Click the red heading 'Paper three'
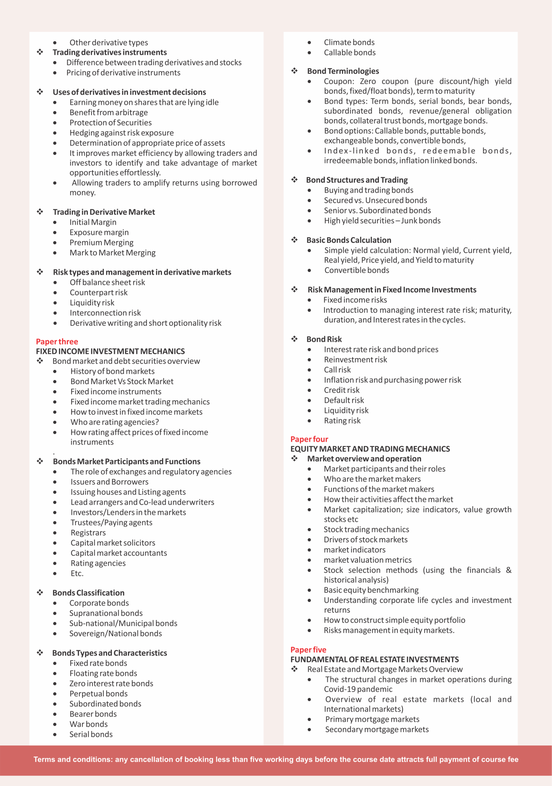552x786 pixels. [x=57, y=341]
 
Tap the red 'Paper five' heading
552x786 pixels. [x=308, y=649]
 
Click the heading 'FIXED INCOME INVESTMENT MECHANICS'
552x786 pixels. [x=110, y=351]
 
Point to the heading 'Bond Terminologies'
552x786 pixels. [x=343, y=71]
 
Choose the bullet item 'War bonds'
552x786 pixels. [x=88, y=724]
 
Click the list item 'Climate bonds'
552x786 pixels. [x=349, y=42]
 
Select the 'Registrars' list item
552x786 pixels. [x=88, y=533]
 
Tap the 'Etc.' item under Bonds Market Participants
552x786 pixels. [x=77, y=574]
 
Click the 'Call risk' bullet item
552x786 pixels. [x=337, y=370]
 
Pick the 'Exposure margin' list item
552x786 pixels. [x=99, y=232]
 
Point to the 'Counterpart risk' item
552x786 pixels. [x=99, y=292]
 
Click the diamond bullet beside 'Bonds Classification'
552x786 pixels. [x=40, y=593]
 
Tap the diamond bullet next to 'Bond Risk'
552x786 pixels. [x=294, y=339]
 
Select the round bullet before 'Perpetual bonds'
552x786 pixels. [x=55, y=694]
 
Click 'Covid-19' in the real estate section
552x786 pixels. [x=341, y=689]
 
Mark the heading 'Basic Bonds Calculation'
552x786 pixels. [x=349, y=240]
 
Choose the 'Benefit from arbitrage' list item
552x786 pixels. [x=108, y=112]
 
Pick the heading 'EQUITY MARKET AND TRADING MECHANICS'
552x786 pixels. [x=370, y=449]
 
